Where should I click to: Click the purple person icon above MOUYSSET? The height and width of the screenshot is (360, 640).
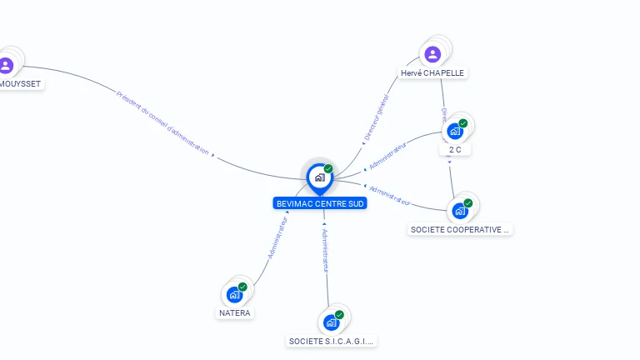click(x=7, y=64)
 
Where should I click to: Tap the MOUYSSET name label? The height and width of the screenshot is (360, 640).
click(x=20, y=83)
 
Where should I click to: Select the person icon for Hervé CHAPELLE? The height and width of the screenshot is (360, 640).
click(x=432, y=54)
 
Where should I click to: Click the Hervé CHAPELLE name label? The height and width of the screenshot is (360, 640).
click(x=432, y=73)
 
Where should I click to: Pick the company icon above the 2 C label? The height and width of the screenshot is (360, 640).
click(x=454, y=131)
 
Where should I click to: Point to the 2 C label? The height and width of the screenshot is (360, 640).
click(x=455, y=150)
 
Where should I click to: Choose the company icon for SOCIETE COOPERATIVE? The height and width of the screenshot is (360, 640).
click(x=459, y=210)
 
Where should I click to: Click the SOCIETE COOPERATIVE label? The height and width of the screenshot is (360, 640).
click(x=460, y=229)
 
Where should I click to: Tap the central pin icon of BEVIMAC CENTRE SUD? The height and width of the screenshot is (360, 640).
click(x=319, y=177)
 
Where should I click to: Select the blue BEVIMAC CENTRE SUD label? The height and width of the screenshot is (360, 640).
click(x=320, y=203)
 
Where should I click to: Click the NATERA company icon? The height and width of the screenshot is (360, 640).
click(x=235, y=293)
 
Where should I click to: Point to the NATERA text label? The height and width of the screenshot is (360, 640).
click(x=235, y=313)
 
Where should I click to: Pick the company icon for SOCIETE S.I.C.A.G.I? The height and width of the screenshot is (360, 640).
click(x=331, y=322)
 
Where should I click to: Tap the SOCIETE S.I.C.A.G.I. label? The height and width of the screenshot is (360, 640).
click(x=332, y=341)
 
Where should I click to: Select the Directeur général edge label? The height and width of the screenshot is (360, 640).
click(x=377, y=117)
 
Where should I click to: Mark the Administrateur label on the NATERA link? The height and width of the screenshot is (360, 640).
click(x=277, y=237)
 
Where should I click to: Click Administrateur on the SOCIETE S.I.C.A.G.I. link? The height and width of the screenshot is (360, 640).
click(x=326, y=249)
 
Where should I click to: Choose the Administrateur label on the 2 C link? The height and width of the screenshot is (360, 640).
click(x=387, y=156)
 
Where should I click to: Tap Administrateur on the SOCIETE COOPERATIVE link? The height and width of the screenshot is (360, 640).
click(x=390, y=195)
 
